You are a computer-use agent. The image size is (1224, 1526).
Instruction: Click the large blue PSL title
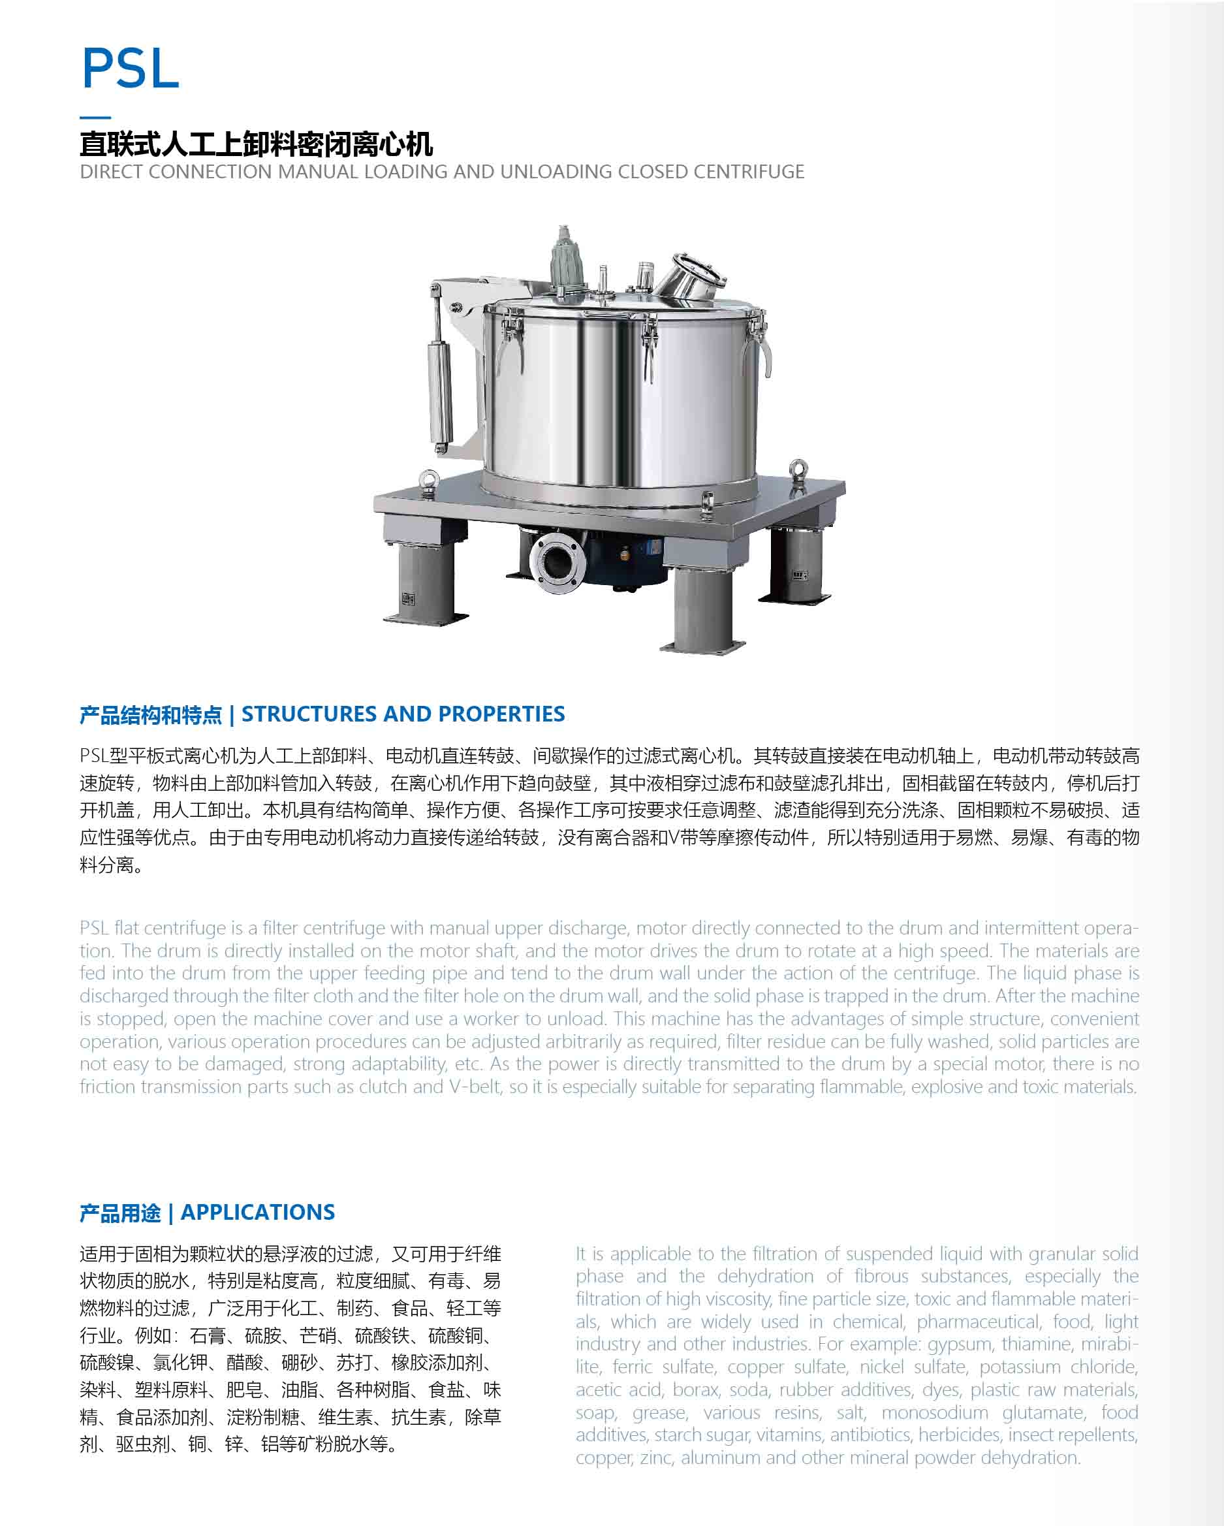(131, 69)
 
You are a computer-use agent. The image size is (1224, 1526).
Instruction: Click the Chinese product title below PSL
(256, 144)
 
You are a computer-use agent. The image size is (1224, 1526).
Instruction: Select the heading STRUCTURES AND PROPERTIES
(403, 714)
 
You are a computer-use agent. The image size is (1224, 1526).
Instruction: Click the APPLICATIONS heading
(258, 1213)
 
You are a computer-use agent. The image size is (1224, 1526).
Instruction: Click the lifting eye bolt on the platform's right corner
(798, 472)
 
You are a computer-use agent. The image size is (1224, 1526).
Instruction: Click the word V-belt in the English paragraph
(475, 1087)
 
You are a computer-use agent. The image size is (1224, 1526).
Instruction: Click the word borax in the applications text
(695, 1390)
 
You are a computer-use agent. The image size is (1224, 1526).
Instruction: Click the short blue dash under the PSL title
(95, 117)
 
